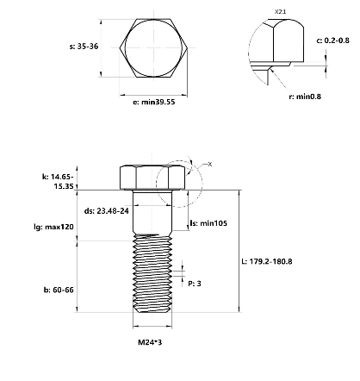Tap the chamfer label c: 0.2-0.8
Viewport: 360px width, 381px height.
(332, 41)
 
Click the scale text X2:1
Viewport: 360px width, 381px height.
(279, 11)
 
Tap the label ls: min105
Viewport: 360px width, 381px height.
(207, 222)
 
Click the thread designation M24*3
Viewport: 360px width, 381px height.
(154, 342)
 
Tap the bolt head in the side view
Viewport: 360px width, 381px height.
(154, 178)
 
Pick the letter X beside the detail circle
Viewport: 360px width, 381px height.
(210, 163)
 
